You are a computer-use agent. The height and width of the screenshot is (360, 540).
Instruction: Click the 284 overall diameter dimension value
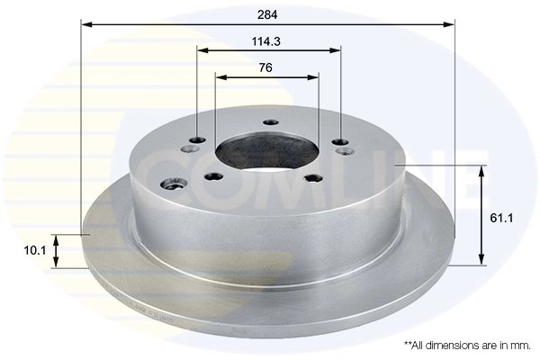(x=266, y=13)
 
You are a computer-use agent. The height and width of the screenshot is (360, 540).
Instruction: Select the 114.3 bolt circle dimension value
(x=266, y=40)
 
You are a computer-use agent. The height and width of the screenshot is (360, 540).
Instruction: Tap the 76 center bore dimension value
(x=265, y=67)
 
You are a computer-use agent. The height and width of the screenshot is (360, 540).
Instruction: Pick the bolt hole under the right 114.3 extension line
(x=339, y=141)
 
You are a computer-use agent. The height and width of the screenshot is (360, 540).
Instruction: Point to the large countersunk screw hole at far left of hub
(x=175, y=184)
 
